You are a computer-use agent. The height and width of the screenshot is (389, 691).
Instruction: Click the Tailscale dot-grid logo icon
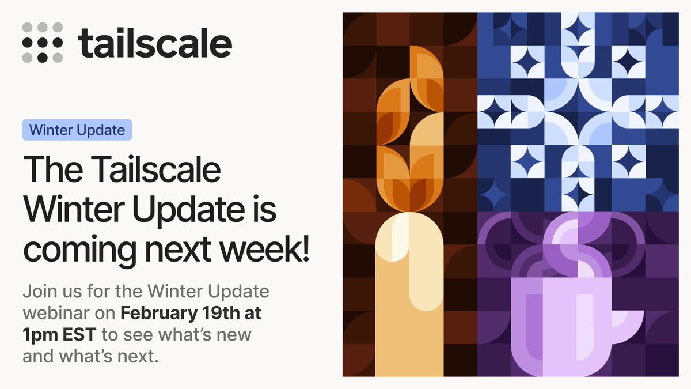click(42, 43)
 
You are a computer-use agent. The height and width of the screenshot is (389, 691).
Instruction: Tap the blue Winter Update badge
click(77, 130)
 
